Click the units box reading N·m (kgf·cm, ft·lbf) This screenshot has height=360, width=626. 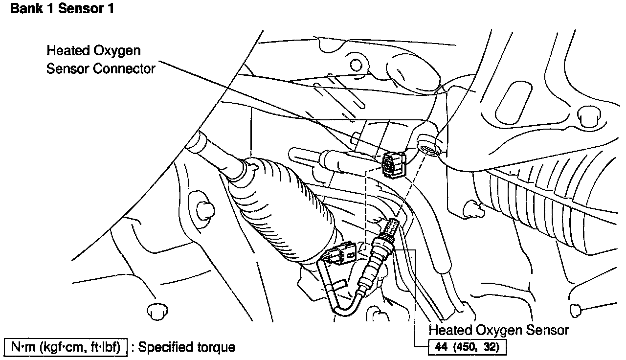pyautogui.click(x=66, y=347)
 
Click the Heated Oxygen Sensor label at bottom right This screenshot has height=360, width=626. pyautogui.click(x=499, y=330)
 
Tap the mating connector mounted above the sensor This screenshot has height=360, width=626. pyautogui.click(x=394, y=164)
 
